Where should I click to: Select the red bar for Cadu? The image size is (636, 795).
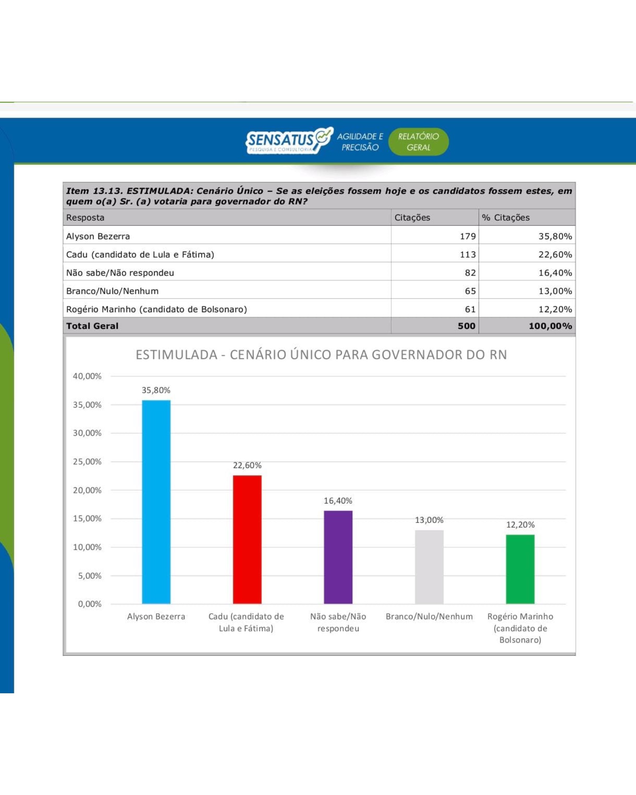[247, 539]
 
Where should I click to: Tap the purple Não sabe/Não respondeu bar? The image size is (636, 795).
[338, 557]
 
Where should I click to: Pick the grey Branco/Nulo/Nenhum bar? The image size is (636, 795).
[429, 567]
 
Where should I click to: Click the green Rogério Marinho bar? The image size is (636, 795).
[520, 569]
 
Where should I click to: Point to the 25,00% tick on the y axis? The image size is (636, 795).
[87, 462]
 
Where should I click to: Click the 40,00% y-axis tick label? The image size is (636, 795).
[87, 376]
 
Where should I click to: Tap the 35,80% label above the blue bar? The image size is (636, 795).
[156, 390]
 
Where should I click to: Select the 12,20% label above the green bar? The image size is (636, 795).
[520, 525]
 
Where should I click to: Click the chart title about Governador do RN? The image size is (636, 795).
[321, 355]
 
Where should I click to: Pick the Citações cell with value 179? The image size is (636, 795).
[467, 236]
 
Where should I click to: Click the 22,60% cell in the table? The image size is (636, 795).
[555, 254]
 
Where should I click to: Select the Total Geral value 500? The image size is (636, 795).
[466, 326]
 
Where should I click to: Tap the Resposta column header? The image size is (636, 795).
[85, 217]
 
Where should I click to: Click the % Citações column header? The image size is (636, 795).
[505, 217]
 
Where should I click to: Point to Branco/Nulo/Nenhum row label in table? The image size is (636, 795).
[112, 291]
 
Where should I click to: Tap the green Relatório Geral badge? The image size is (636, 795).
[418, 142]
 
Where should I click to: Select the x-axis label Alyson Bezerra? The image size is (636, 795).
[156, 617]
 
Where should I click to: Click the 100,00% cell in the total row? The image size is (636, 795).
[550, 326]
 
